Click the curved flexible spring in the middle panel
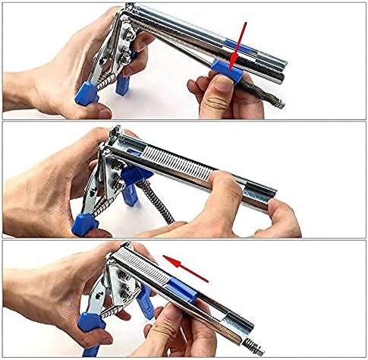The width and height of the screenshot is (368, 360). click(x=157, y=202)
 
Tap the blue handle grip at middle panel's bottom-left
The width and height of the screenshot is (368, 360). click(x=84, y=223)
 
